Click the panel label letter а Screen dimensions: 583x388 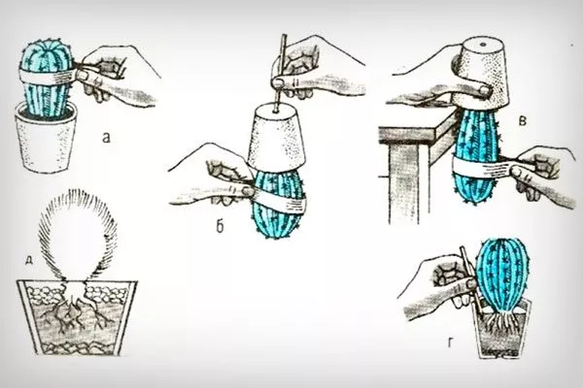click(107, 139)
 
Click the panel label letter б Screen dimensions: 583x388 click(221, 226)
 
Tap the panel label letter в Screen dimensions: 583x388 click(523, 120)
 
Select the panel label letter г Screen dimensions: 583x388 click(451, 343)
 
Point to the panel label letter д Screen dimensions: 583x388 click(28, 261)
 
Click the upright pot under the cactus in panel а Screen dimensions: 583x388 click(46, 139)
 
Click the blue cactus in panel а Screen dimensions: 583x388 click(47, 78)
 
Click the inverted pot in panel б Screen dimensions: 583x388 click(276, 136)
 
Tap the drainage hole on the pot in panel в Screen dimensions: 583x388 click(483, 45)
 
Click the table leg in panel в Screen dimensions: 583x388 click(404, 183)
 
